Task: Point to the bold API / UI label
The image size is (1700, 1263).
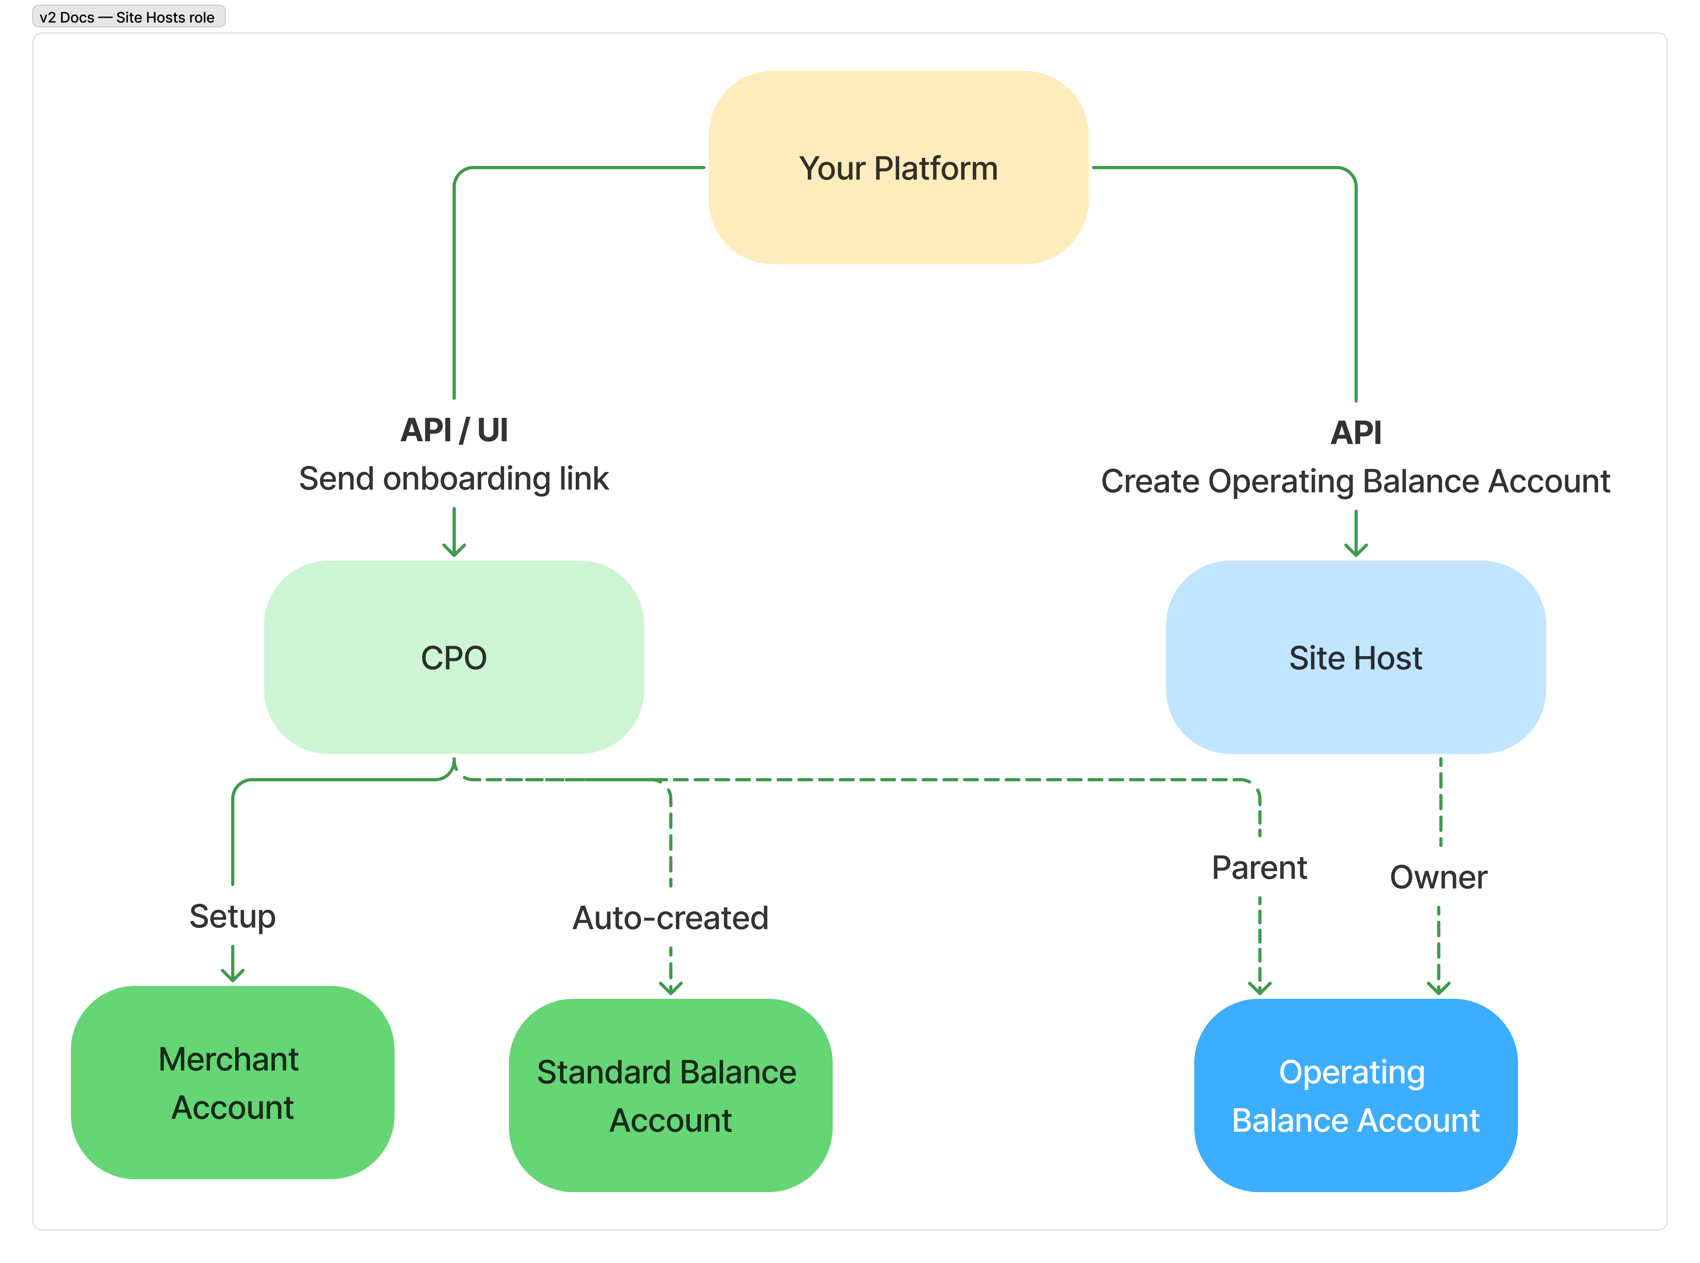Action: [x=454, y=431]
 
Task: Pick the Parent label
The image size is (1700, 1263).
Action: [x=1259, y=868]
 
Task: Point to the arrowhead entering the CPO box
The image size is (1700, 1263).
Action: [x=454, y=551]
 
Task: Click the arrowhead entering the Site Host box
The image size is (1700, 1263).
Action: [x=1355, y=551]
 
